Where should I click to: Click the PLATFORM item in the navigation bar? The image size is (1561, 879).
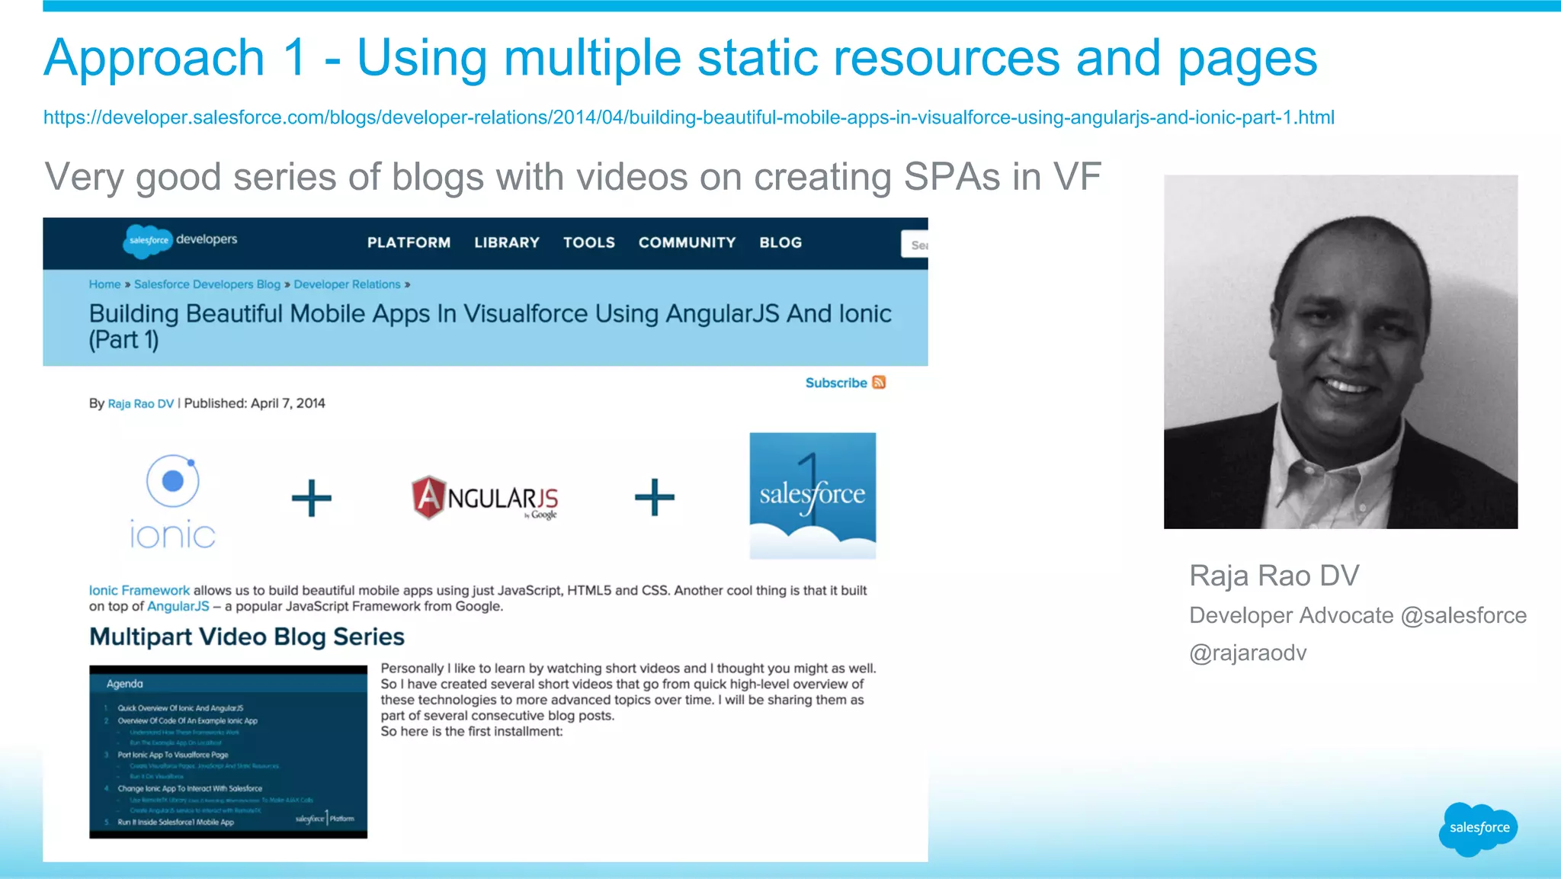pos(409,242)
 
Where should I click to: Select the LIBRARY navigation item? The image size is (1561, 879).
pos(507,242)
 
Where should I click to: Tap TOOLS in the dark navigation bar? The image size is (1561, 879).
pos(589,242)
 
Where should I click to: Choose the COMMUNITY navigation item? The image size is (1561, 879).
pos(687,242)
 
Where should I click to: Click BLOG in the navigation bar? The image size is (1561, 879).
pos(780,242)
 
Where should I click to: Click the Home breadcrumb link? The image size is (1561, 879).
pos(104,284)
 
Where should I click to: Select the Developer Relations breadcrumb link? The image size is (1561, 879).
pos(347,284)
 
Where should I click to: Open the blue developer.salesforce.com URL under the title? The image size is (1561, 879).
pos(688,117)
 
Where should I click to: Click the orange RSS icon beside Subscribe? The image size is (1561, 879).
pos(879,382)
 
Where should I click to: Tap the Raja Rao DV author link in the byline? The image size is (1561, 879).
pos(141,403)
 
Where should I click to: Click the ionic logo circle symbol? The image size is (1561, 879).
pos(173,480)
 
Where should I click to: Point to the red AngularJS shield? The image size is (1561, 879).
pos(428,497)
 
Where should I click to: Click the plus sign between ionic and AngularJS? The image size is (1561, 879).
pos(312,499)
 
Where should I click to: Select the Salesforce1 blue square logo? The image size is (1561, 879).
pos(813,496)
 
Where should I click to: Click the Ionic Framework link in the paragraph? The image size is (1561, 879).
pos(139,590)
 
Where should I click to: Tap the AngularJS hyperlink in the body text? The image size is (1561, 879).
pos(178,606)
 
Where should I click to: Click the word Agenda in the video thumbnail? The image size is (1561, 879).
pos(125,684)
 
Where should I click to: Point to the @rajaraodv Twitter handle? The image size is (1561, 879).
pos(1248,653)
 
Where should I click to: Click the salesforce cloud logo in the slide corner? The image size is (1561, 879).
pos(1478,828)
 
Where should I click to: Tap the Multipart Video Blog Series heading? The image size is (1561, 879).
pos(247,637)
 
